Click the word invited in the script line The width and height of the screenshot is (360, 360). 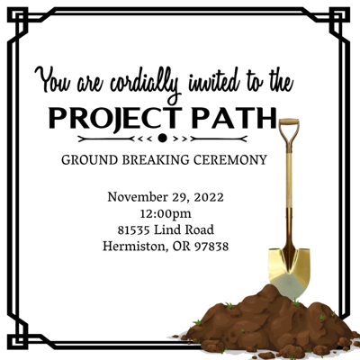[208, 83]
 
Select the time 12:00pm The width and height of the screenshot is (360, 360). [165, 213]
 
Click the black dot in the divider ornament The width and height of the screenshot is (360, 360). [162, 139]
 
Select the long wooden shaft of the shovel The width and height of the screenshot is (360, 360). [288, 193]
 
